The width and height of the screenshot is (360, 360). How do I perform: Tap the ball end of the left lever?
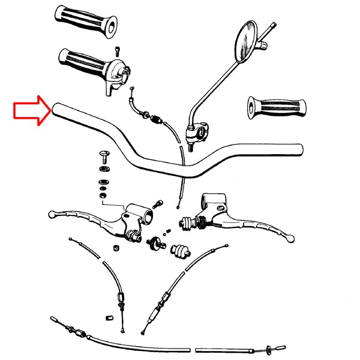[52, 213]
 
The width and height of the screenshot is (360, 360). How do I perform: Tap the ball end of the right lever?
[290, 238]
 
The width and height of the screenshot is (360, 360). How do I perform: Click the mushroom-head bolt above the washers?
[104, 157]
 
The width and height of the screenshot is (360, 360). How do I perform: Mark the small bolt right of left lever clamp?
[159, 203]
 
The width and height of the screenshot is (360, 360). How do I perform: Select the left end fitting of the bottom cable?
[55, 320]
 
